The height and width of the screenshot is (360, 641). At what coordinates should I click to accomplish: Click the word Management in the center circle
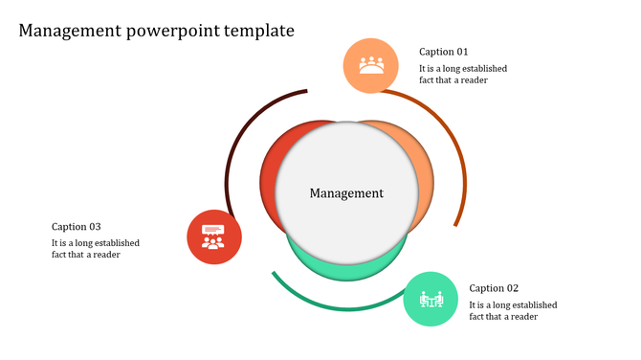click(346, 193)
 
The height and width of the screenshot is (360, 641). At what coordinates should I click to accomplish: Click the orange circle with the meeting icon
click(370, 65)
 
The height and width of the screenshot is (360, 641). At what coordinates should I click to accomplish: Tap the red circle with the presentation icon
click(213, 236)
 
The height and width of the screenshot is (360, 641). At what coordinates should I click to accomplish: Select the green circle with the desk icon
click(430, 299)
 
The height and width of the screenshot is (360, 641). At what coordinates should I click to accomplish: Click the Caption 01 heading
click(444, 52)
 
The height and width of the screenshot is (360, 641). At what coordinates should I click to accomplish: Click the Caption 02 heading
click(494, 288)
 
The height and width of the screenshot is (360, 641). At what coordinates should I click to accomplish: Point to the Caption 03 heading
click(77, 227)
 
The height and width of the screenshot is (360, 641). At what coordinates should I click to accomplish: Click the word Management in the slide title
click(69, 31)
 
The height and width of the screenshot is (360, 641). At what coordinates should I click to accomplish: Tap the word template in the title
click(259, 31)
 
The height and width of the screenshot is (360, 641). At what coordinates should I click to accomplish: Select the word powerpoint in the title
click(172, 31)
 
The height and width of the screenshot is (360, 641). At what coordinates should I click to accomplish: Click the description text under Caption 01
click(463, 75)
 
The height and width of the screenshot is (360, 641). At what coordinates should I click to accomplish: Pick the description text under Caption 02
click(513, 311)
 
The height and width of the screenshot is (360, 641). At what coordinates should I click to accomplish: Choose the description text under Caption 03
click(96, 249)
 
